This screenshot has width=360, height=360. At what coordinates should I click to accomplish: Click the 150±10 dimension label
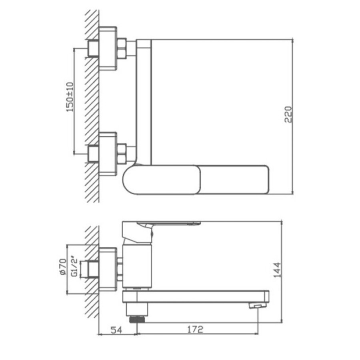(x=70, y=97)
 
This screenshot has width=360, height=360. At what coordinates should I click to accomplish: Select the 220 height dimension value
(x=288, y=114)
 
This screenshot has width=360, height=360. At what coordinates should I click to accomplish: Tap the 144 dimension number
(x=277, y=270)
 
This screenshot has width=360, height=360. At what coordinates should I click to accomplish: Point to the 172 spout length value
(x=195, y=329)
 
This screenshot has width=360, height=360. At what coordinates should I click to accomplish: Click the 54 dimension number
(x=116, y=330)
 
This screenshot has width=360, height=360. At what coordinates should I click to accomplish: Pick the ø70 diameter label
(x=62, y=266)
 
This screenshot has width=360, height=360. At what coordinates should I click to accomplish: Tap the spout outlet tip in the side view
(x=257, y=306)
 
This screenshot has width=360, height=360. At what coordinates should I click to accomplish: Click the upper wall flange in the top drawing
(x=108, y=48)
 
